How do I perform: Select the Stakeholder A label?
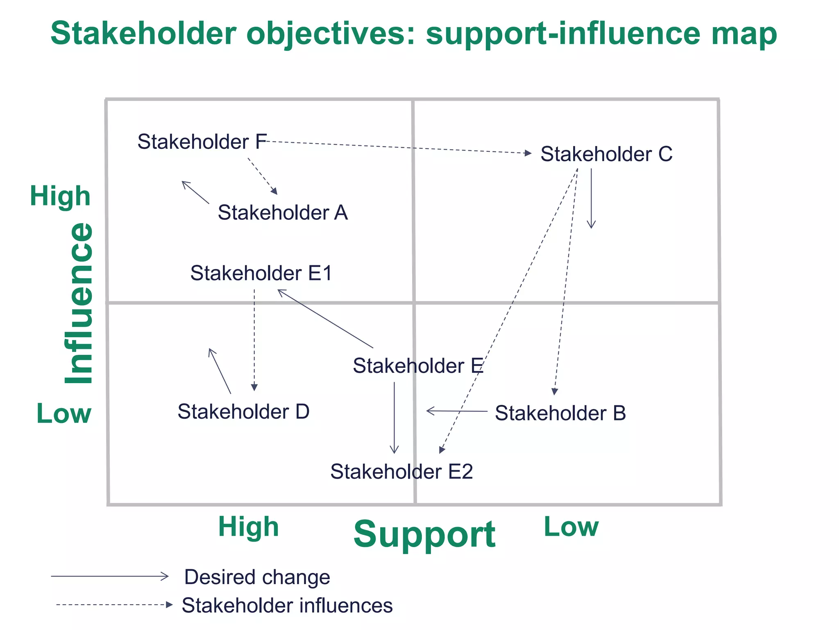point(283,212)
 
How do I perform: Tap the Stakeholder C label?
point(606,154)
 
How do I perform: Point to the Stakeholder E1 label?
point(261,273)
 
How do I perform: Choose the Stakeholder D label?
point(243,412)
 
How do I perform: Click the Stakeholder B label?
point(560,413)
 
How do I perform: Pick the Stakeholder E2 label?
point(401,472)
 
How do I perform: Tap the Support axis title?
point(424,534)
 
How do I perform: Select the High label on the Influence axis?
point(60,196)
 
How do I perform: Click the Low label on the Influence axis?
point(63,413)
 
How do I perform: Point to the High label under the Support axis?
point(248,527)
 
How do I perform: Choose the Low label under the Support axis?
point(571,527)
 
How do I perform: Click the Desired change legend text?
point(257,577)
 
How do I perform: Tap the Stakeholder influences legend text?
point(287,605)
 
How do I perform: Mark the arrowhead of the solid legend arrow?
point(165,576)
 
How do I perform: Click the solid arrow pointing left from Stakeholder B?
point(457,411)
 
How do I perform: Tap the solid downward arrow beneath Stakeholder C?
point(591,199)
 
